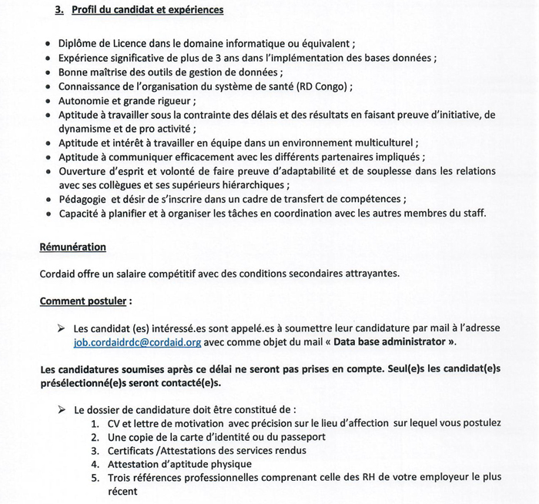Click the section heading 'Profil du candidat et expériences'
pyautogui.click(x=147, y=10)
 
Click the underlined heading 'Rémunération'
pyautogui.click(x=73, y=247)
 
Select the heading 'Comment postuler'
pyautogui.click(x=84, y=301)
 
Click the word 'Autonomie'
pyautogui.click(x=85, y=100)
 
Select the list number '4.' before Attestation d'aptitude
pyautogui.click(x=95, y=464)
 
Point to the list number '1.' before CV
pyautogui.click(x=95, y=422)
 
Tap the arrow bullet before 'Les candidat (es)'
pyautogui.click(x=62, y=328)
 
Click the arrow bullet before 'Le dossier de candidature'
pyautogui.click(x=62, y=409)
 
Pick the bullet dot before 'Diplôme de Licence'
pyautogui.click(x=49, y=44)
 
